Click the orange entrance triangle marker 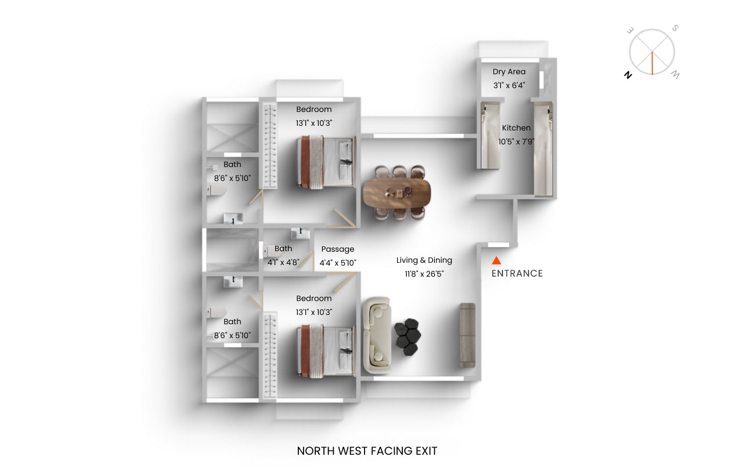click(x=496, y=261)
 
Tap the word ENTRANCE click(x=517, y=273)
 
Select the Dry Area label click(x=509, y=72)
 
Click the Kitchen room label click(x=516, y=128)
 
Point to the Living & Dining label click(x=424, y=260)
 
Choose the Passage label click(x=338, y=249)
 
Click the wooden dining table click(x=397, y=193)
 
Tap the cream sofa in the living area click(x=376, y=335)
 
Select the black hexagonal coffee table click(x=406, y=336)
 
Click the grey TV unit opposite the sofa click(x=467, y=335)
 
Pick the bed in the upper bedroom click(x=325, y=162)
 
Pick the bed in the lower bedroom click(x=325, y=351)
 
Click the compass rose click(x=652, y=52)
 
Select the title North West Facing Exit click(x=367, y=451)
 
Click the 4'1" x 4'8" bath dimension click(x=283, y=262)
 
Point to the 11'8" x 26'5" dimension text click(x=424, y=274)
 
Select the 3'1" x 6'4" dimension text click(x=509, y=85)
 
